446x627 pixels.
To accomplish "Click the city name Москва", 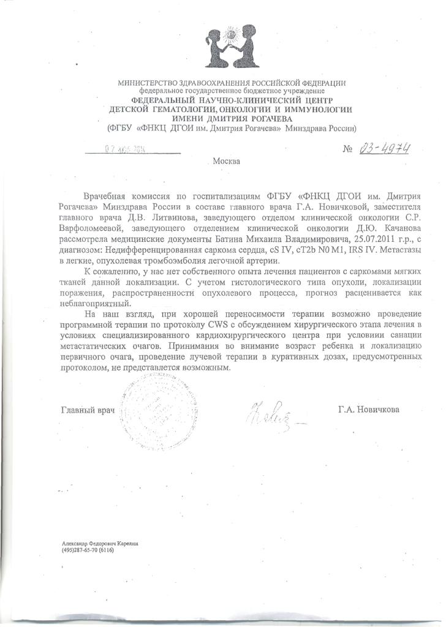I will pyautogui.click(x=227, y=162).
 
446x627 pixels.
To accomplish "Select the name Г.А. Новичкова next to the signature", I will pyautogui.click(x=368, y=409).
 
